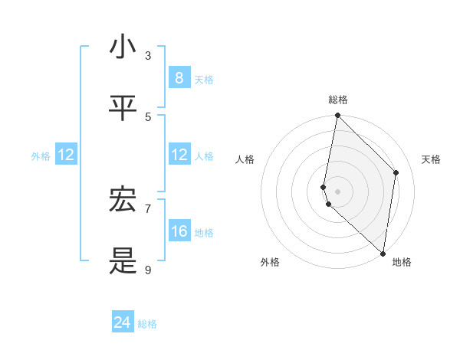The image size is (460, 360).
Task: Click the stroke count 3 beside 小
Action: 148,56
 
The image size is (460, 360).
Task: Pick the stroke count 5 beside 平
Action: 148,116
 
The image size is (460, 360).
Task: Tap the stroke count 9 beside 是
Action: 148,270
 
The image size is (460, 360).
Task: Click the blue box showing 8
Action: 179,77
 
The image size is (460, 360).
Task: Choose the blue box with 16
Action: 179,231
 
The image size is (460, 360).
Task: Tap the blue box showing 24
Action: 123,322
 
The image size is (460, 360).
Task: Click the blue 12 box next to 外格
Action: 66,155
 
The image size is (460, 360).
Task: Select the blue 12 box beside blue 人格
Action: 179,155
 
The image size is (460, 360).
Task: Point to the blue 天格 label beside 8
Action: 204,79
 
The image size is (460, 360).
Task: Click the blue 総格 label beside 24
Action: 147,324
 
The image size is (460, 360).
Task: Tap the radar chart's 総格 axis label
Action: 337,100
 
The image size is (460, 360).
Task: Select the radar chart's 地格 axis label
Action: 402,262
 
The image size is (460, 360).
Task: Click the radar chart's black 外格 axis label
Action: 270,262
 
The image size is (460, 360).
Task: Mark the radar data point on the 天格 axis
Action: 396,172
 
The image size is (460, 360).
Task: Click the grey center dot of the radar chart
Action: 337,191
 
